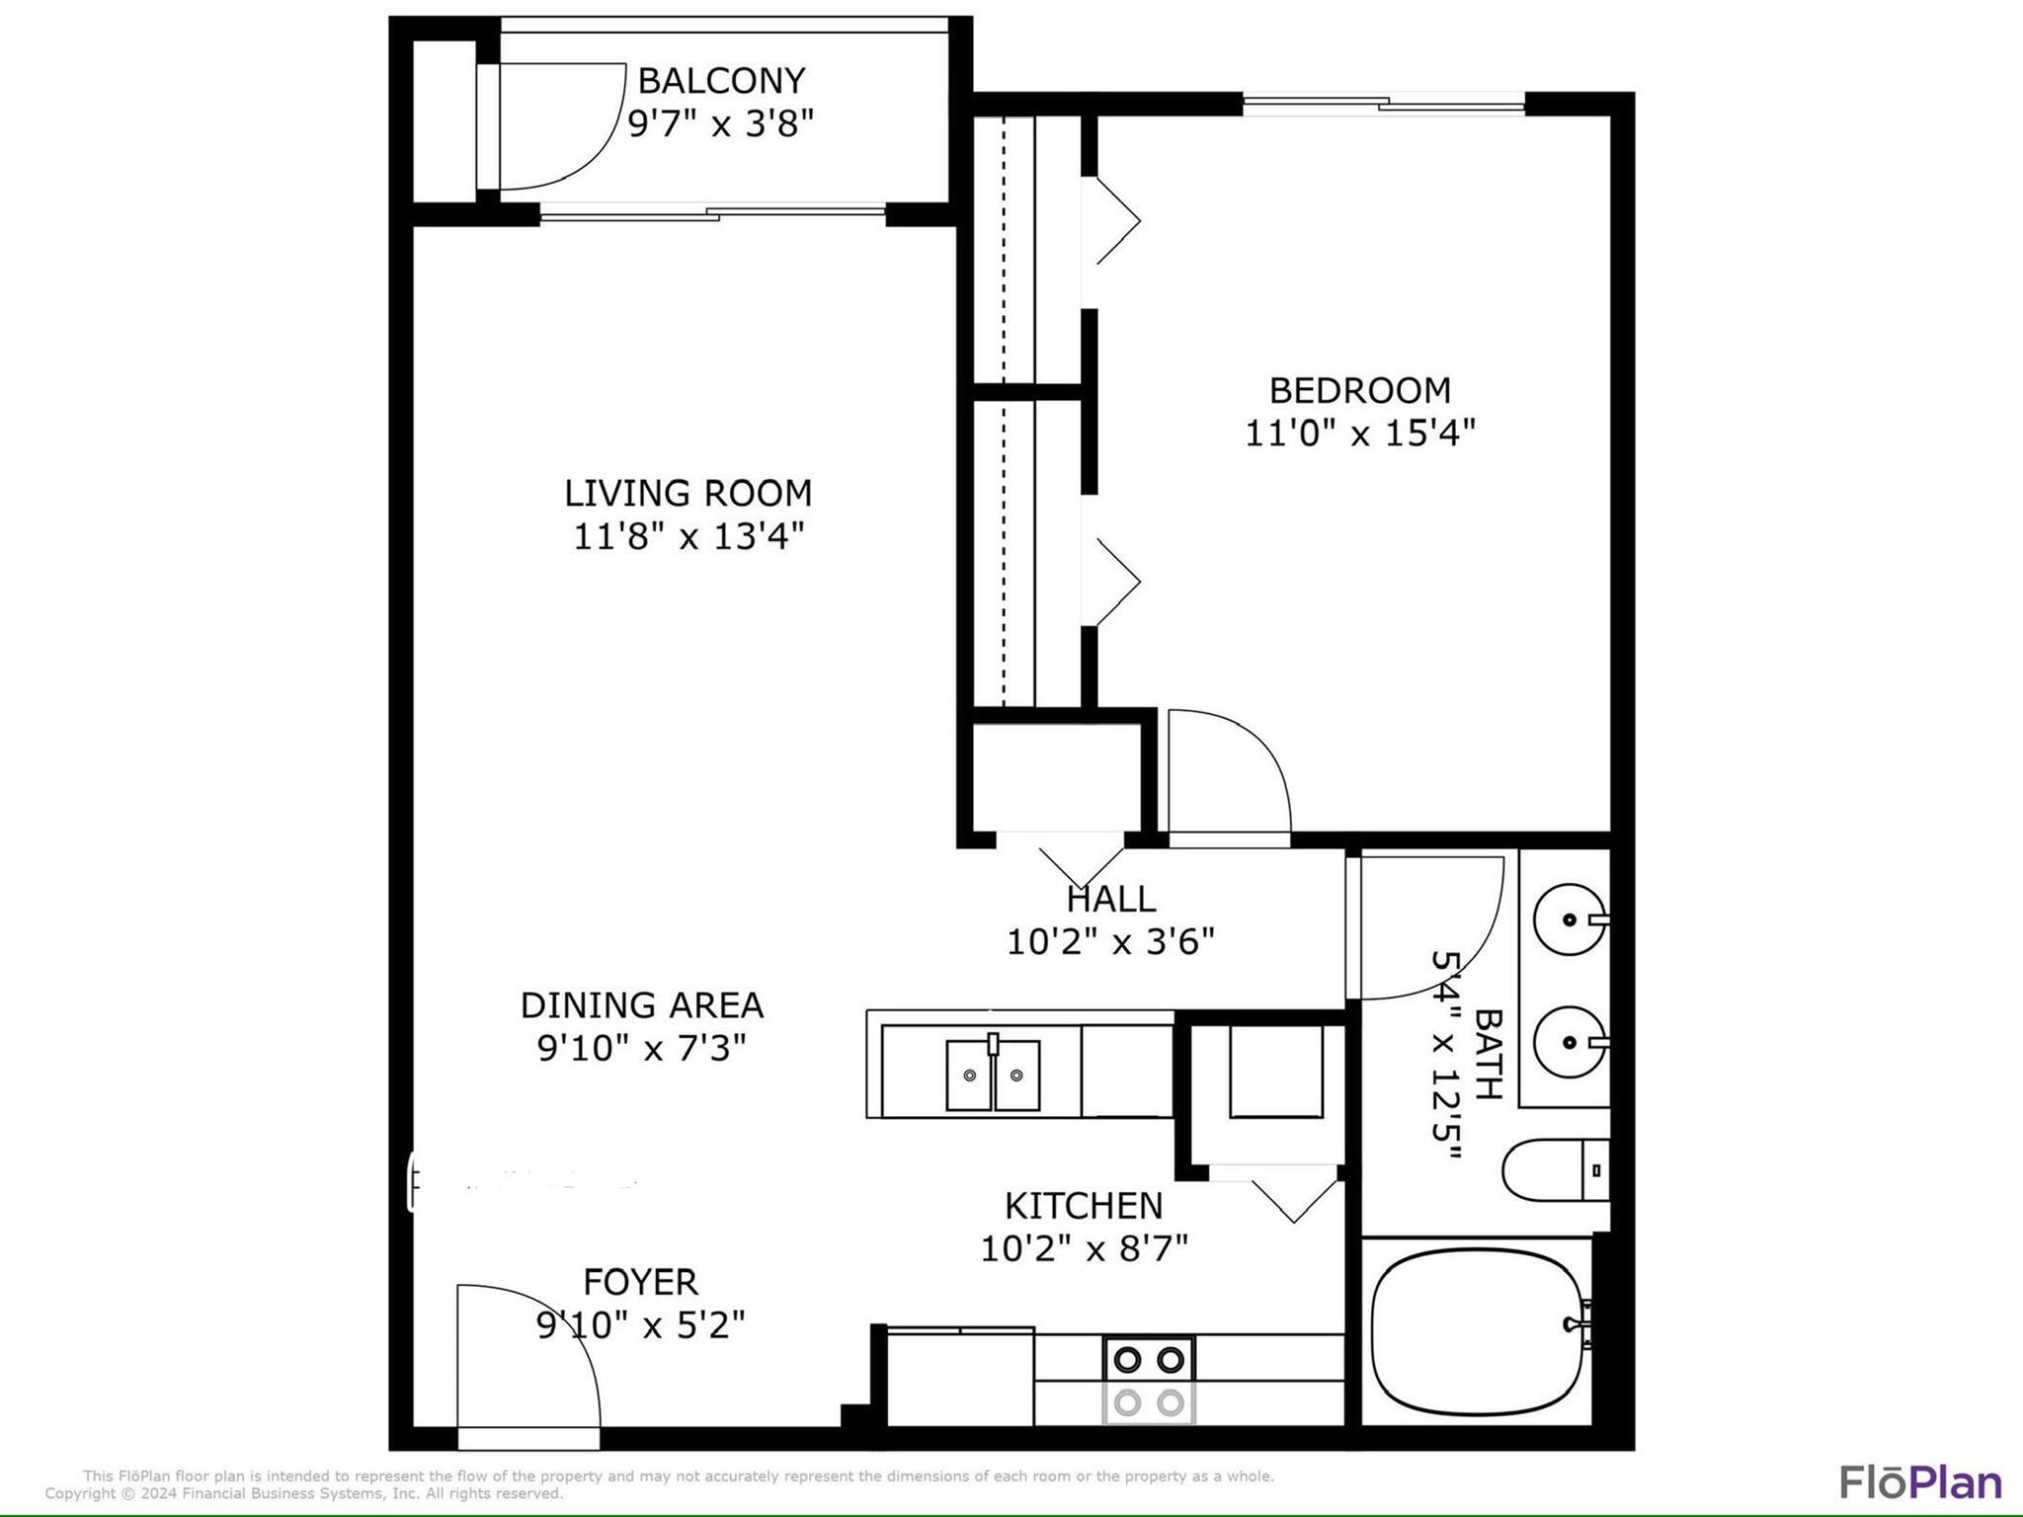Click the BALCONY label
pyautogui.click(x=721, y=80)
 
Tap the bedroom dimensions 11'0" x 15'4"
pyautogui.click(x=1359, y=434)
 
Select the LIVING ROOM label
pyautogui.click(x=688, y=493)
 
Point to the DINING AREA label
pyautogui.click(x=641, y=1005)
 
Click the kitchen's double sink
pyautogui.click(x=992, y=1076)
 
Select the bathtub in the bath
pyautogui.click(x=1477, y=1333)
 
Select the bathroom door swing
pyautogui.click(x=1427, y=923)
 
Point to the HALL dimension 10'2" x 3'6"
pyautogui.click(x=1110, y=942)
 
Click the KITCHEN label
pyautogui.click(x=1084, y=1206)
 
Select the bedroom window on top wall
pyautogui.click(x=1383, y=103)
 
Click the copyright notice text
pyautogui.click(x=304, y=1494)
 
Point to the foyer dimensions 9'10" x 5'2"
pyautogui.click(x=640, y=1325)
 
